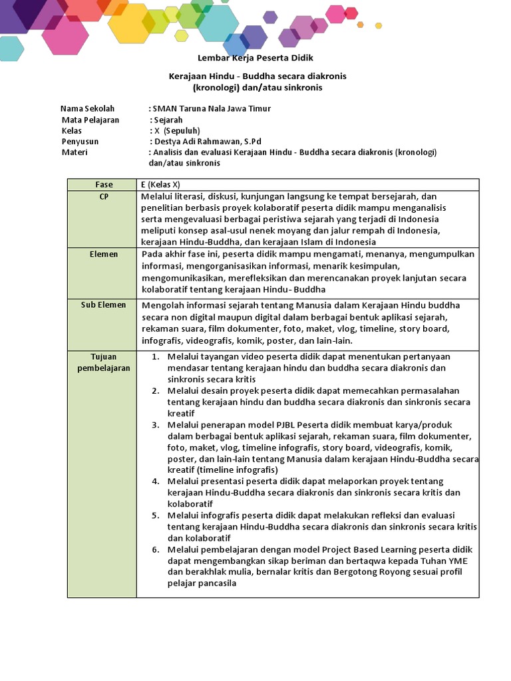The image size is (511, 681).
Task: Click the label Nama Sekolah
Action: point(87,108)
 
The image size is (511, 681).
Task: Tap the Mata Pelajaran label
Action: point(90,120)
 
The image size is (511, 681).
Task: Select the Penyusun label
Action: point(80,142)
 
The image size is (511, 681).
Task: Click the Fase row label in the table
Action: point(104,184)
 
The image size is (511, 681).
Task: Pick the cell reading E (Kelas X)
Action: point(160,184)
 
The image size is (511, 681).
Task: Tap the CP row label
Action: point(104,196)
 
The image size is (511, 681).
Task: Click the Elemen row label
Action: point(104,254)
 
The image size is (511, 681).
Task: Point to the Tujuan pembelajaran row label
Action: point(104,362)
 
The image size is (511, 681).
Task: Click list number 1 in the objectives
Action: point(155,357)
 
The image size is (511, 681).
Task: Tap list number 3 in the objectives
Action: point(155,425)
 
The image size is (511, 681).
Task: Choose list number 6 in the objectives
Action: point(155,549)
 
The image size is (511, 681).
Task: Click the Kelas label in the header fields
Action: point(72,131)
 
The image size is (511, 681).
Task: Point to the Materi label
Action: point(75,152)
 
